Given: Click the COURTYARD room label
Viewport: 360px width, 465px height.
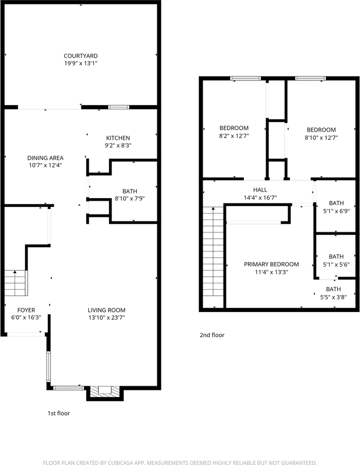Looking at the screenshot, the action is (x=80, y=56).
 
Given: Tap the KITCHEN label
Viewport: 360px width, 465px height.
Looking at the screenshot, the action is (x=118, y=138).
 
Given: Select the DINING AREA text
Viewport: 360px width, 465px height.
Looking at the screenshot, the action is (x=46, y=158).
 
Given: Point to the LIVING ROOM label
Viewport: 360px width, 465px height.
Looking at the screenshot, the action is (x=107, y=310).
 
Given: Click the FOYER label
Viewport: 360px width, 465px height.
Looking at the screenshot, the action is (x=26, y=310).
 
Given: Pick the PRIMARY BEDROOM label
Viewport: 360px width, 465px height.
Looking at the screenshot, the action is (x=271, y=264).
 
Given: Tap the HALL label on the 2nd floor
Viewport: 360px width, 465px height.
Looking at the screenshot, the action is (x=260, y=190).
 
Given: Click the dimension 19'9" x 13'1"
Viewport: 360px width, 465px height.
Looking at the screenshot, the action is (x=80, y=63).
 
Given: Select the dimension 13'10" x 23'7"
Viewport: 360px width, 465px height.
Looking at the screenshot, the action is (x=107, y=318).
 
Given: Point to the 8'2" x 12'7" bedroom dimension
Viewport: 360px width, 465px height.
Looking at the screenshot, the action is (x=234, y=136).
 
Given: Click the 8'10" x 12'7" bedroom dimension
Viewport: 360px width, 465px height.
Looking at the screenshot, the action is (x=321, y=137).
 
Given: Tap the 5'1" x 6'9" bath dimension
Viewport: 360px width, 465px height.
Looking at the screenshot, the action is (x=336, y=211).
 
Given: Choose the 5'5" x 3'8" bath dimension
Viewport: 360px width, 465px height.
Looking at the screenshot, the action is (x=333, y=297).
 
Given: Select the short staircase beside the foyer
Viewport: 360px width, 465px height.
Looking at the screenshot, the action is (x=16, y=283).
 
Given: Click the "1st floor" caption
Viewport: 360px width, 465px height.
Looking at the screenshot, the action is (x=59, y=413).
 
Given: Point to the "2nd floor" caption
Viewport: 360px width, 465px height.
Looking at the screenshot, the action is (x=212, y=335).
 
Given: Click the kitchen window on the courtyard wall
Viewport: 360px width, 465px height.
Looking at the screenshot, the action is (x=118, y=107).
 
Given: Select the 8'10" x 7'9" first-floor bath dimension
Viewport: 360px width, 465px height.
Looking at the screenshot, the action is (x=130, y=199).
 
